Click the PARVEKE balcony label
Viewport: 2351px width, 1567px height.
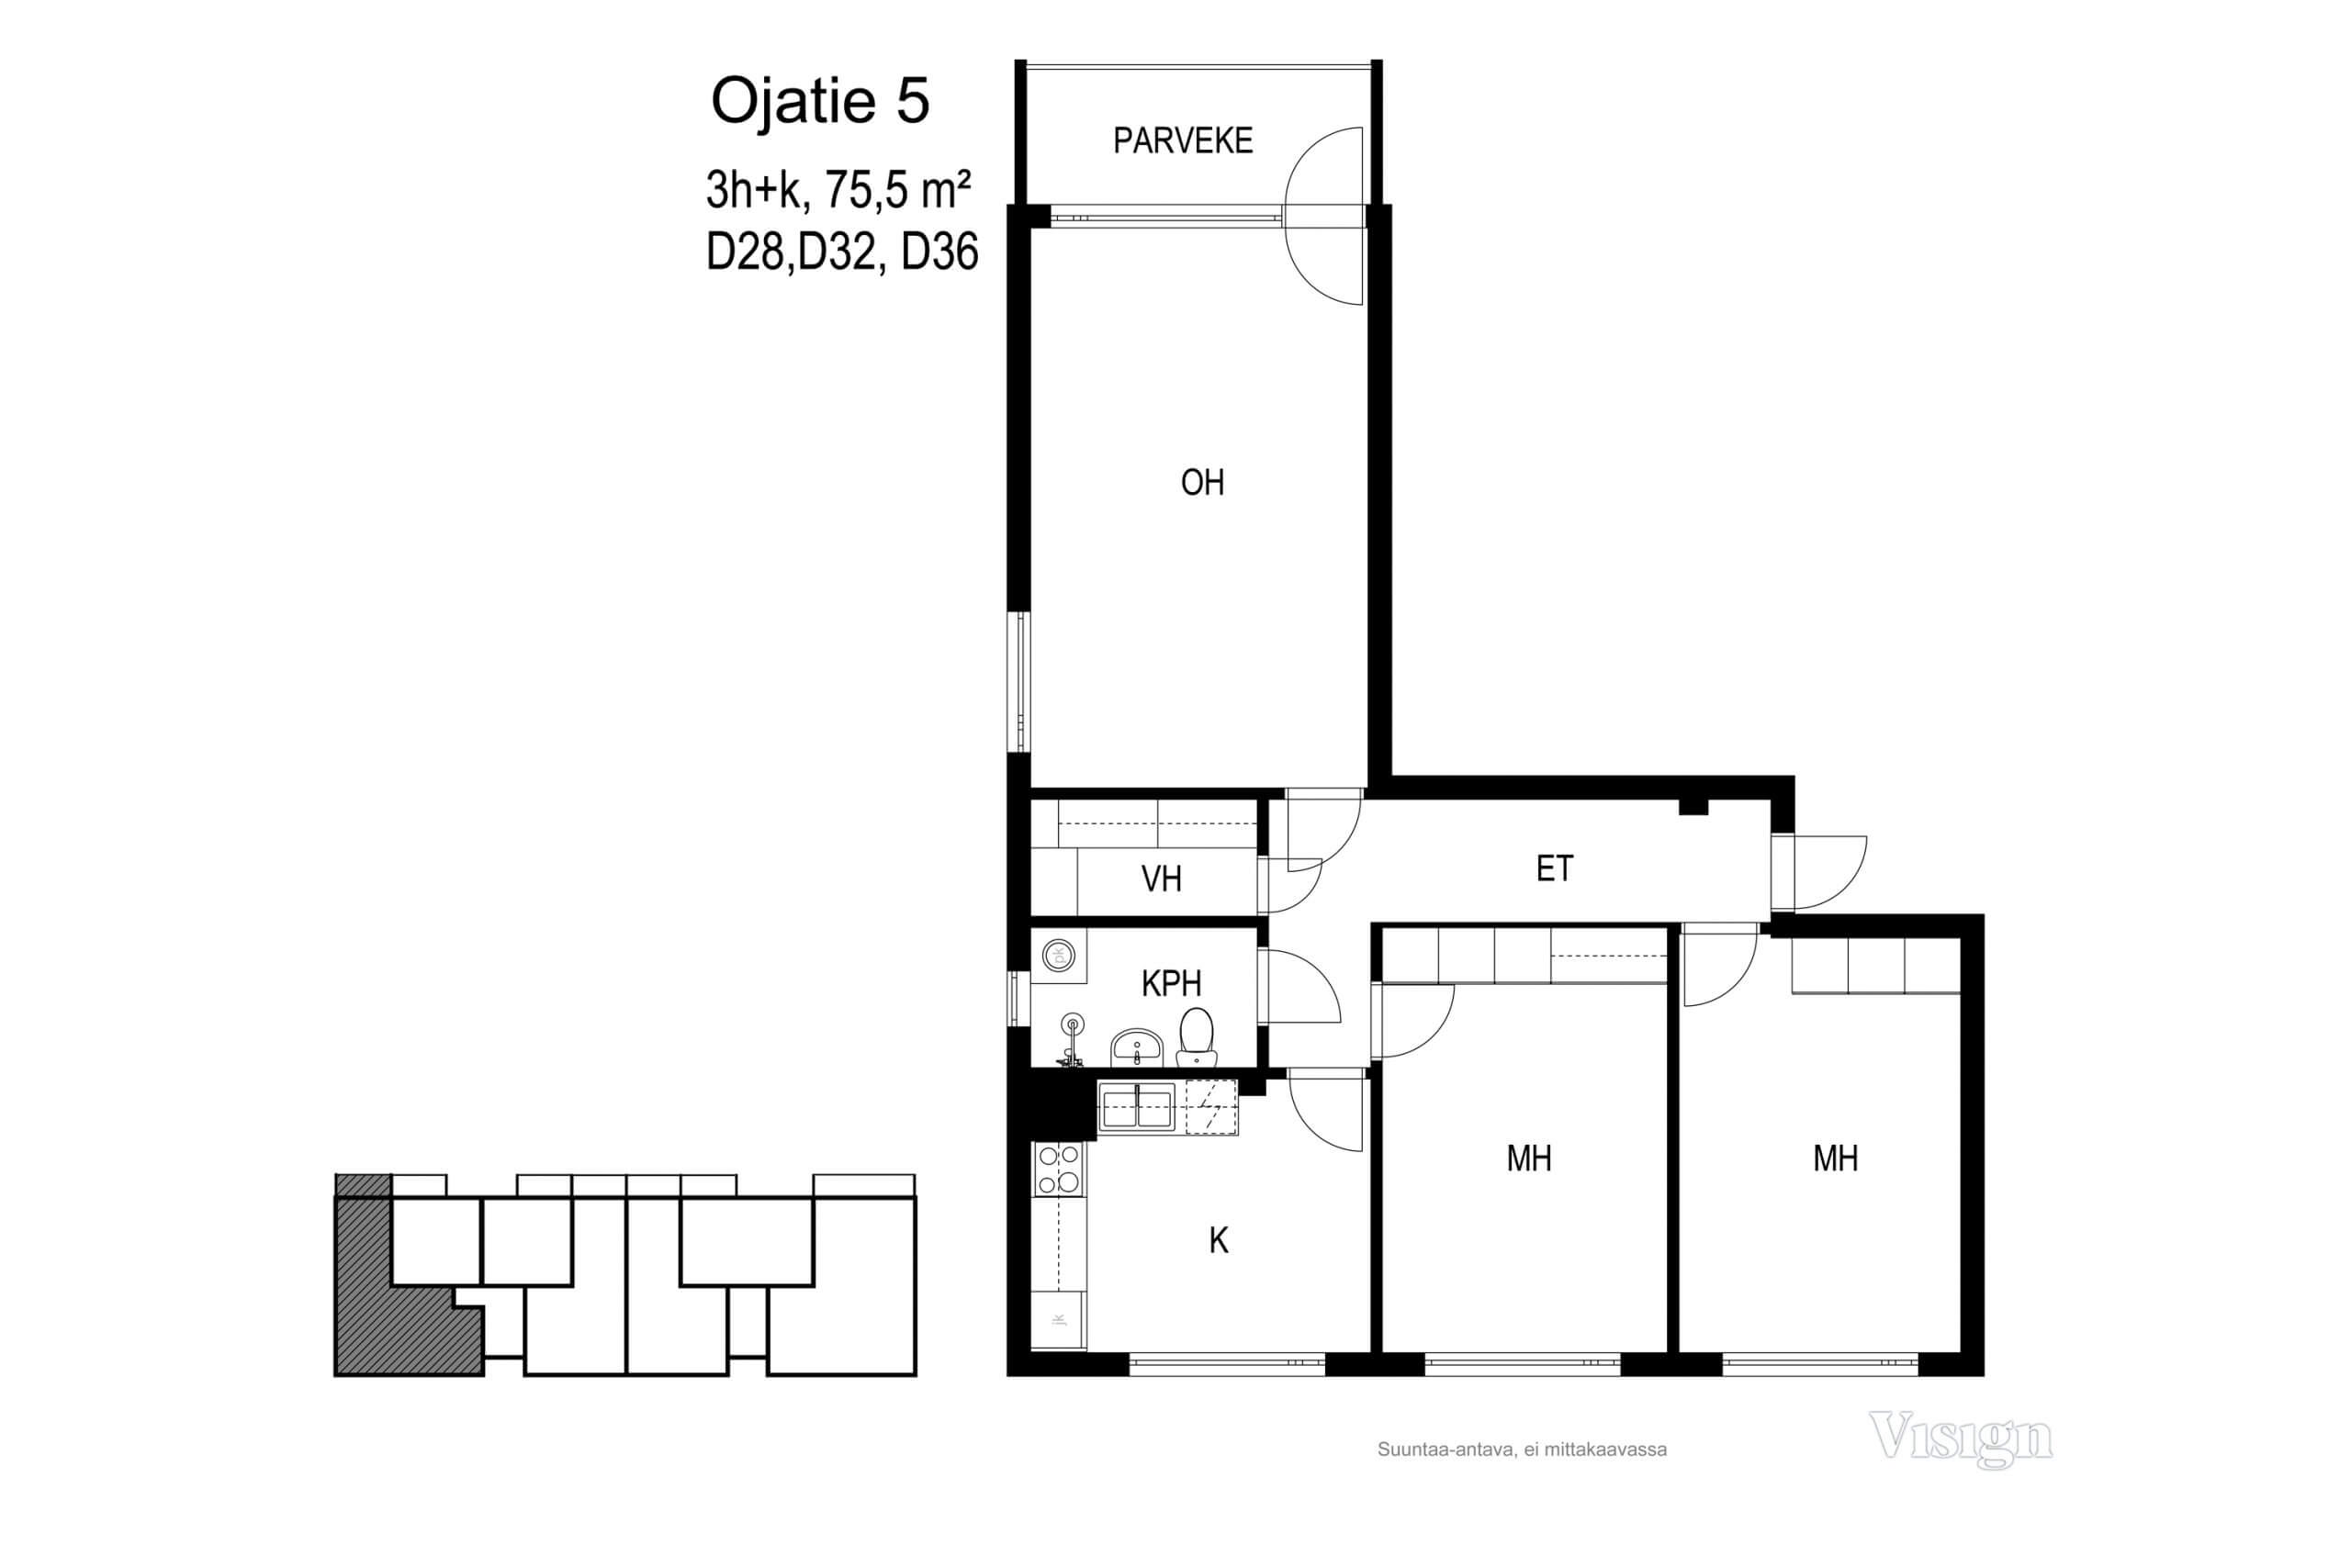[x=1183, y=140]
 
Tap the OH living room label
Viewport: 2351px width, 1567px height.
[x=1201, y=483]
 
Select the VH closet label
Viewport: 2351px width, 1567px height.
[x=1161, y=879]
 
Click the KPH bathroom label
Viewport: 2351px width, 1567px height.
[x=1171, y=983]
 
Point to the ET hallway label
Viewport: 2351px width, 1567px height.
[x=1555, y=868]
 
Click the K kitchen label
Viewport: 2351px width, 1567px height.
[x=1218, y=1241]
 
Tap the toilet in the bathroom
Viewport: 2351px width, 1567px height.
[x=1196, y=1037]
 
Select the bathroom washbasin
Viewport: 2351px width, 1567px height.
[x=1137, y=1047]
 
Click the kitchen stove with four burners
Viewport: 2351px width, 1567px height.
[x=1058, y=1170]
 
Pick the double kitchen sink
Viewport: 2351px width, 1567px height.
[x=1138, y=1107]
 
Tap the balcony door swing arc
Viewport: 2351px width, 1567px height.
[x=1324, y=216]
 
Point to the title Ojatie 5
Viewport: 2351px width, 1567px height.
[x=820, y=101]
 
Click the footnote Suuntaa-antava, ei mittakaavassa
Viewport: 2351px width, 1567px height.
[x=1522, y=1450]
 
